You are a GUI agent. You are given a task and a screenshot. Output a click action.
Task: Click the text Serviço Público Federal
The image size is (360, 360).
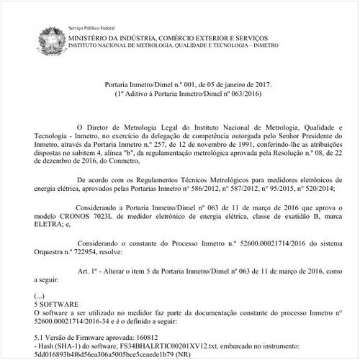(91, 25)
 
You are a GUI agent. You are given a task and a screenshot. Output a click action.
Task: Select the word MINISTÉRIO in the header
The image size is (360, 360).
(95, 35)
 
